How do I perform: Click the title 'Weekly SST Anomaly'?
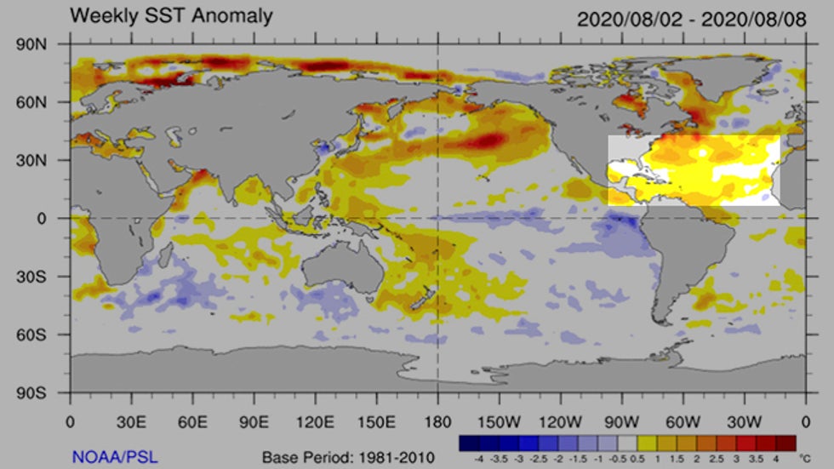(x=171, y=15)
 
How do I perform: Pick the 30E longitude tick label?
(x=130, y=420)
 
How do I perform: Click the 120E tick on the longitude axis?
(x=315, y=420)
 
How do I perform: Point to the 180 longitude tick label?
(x=437, y=420)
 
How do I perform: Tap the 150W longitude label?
(x=499, y=420)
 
